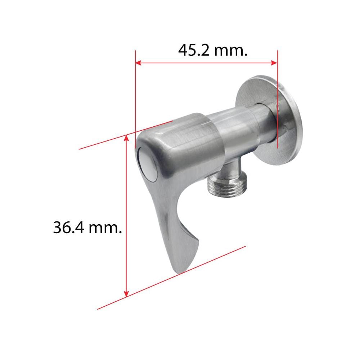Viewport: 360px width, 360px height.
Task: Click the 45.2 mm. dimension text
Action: (213, 50)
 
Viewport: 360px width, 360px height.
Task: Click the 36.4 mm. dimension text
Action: (87, 228)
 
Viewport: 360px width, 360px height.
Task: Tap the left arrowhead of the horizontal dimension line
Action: (138, 63)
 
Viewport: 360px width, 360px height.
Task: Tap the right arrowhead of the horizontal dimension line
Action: (274, 63)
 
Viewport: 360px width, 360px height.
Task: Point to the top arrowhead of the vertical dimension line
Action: (126, 138)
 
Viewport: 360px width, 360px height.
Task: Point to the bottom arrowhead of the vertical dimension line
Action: (126, 294)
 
